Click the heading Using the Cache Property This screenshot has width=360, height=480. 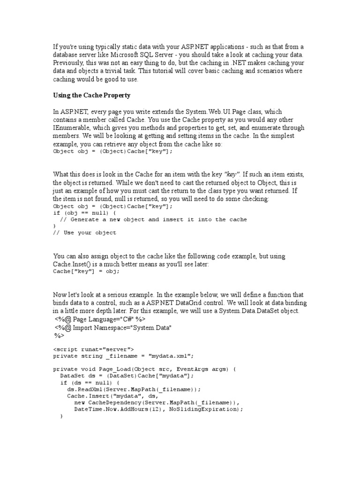91,95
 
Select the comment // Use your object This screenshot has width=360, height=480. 84,232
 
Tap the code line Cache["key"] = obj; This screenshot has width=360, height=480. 86,271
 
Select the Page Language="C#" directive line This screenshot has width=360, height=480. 94,320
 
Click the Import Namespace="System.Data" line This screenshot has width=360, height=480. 113,328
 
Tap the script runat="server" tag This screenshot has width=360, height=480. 93,349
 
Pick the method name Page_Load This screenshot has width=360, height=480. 114,369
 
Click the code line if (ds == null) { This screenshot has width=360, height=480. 87,382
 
